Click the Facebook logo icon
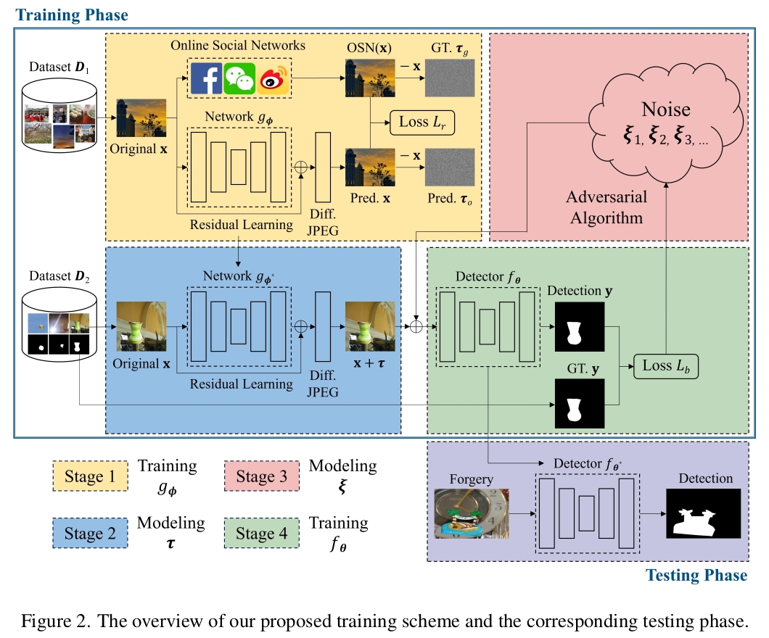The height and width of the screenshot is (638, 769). coord(207,78)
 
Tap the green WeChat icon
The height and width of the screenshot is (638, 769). coord(239,78)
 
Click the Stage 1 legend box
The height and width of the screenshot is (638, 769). coord(90,476)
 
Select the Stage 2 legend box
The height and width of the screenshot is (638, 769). coord(90,534)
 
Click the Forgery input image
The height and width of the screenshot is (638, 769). coord(471,513)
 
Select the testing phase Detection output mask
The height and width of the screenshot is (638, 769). coord(702,513)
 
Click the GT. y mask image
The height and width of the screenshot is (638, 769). coord(579,403)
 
